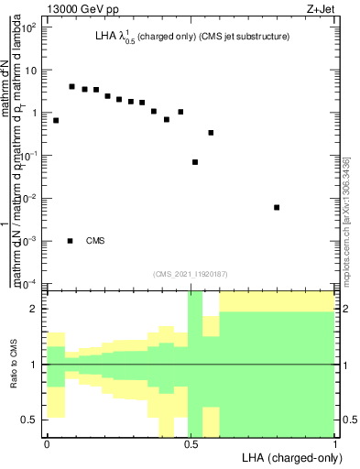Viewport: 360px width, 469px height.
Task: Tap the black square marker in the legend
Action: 71,241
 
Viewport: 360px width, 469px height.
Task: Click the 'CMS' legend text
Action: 95,241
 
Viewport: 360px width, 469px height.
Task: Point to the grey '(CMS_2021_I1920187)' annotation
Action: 191,273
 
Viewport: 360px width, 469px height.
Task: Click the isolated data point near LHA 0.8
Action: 277,207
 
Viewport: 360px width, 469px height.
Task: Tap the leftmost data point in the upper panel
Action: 56,120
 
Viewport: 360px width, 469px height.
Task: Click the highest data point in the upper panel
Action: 71,86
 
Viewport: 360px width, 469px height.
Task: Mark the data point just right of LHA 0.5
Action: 195,162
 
